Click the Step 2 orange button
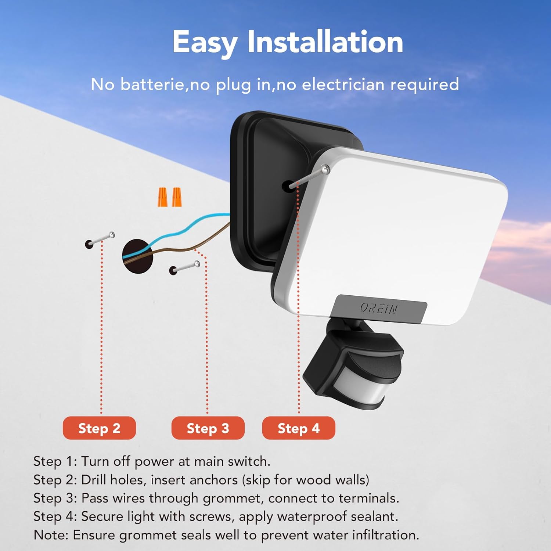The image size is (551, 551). click(x=99, y=428)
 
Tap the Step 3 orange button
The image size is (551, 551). click(x=208, y=428)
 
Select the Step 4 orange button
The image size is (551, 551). click(x=298, y=428)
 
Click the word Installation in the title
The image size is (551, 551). click(x=325, y=42)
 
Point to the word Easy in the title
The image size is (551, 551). click(x=204, y=43)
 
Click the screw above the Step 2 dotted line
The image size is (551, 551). click(x=101, y=239)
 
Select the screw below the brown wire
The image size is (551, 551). click(x=185, y=267)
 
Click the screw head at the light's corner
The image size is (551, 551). click(x=325, y=169)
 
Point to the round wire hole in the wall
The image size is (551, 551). click(x=137, y=256)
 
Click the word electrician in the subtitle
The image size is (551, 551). click(x=343, y=84)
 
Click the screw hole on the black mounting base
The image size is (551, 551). click(x=287, y=186)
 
